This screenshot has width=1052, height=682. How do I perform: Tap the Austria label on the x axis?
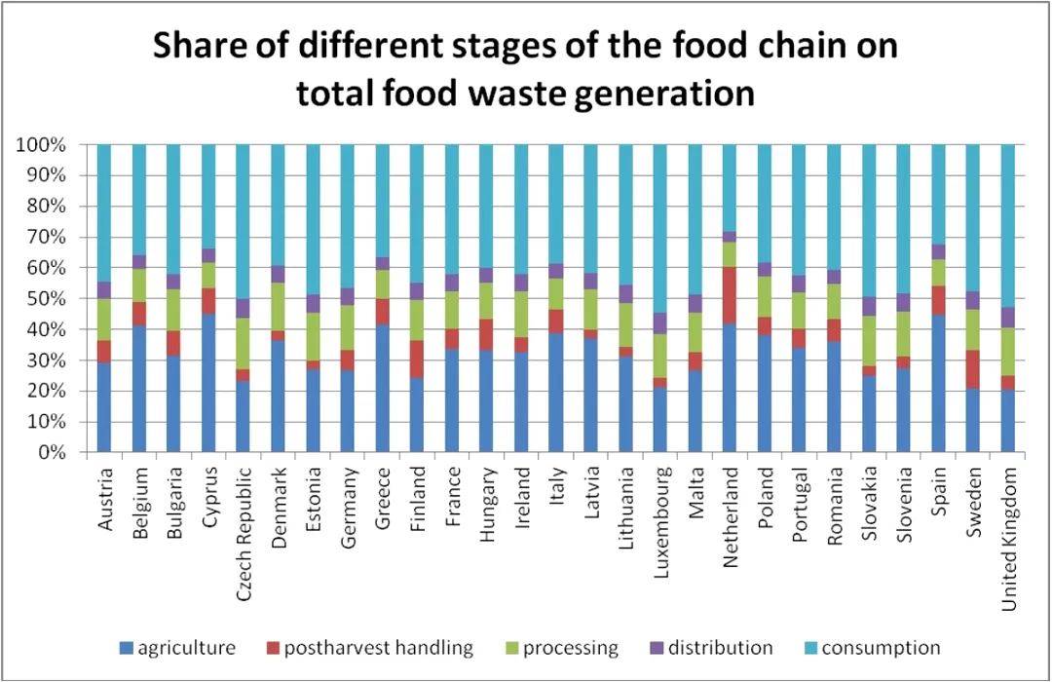point(105,501)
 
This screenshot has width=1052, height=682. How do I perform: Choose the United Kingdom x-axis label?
point(1010,538)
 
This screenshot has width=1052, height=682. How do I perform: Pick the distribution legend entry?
point(722,648)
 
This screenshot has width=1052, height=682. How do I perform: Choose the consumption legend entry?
point(881,648)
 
